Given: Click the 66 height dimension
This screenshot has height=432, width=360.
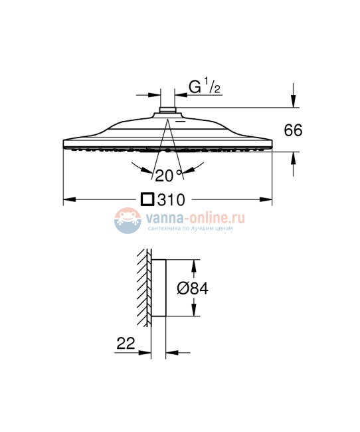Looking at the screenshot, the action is coord(293,130).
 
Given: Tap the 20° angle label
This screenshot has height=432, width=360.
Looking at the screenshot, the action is coord(168,175).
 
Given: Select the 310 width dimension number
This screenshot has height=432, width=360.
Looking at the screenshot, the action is coord(171,200).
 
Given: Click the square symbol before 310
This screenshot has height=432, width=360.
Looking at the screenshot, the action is coord(147,199).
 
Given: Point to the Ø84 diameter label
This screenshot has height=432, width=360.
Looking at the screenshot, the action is coord(193,288).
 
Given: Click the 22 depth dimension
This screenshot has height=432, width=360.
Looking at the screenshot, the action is coord(126,344).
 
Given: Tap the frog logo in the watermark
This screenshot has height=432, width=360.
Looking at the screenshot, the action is coord(128,221).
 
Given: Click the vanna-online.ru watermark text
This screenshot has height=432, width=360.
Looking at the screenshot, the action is coord(195,218).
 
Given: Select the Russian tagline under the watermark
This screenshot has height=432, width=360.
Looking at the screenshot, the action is coord(191,228).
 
